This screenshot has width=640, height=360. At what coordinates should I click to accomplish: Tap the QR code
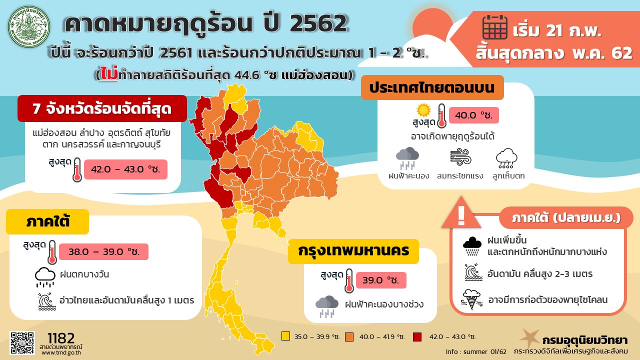pyautogui.click(x=22, y=343)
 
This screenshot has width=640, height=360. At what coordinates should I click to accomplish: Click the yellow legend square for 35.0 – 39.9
pyautogui.click(x=285, y=336)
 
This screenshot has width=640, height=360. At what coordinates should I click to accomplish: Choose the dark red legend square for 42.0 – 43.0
pyautogui.click(x=417, y=336)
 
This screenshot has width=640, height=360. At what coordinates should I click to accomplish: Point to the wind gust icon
pyautogui.click(x=460, y=157)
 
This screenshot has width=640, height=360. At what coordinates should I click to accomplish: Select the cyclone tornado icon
pyautogui.click(x=471, y=299)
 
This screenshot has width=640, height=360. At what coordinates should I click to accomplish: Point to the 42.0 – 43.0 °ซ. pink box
pyautogui.click(x=125, y=169)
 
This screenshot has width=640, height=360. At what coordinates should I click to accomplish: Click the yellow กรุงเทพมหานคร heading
pyautogui.click(x=353, y=250)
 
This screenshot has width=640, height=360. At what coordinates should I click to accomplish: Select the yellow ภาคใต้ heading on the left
pyautogui.click(x=48, y=221)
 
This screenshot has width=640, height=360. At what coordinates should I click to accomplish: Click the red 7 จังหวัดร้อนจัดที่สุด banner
pyautogui.click(x=102, y=108)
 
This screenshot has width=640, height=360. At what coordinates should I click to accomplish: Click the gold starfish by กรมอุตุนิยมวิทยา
pyautogui.click(x=528, y=338)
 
